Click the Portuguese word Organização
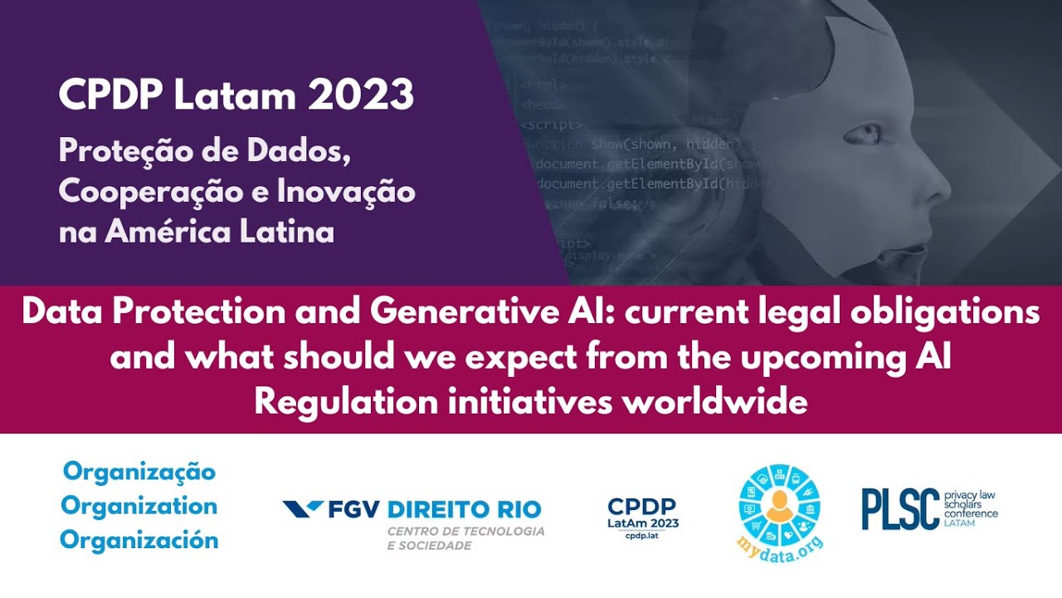click(139, 472)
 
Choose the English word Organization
click(139, 506)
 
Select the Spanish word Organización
click(139, 540)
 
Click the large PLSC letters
click(900, 509)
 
